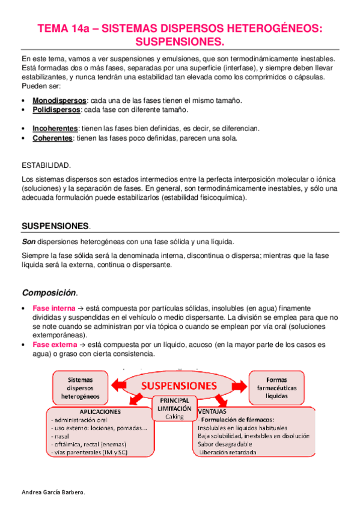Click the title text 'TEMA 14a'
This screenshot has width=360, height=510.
63,28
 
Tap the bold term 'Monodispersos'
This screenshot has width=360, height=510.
59,100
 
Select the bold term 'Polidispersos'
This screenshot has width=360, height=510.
56,110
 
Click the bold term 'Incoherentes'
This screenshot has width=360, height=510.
55,129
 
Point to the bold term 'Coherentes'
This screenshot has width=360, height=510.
52,138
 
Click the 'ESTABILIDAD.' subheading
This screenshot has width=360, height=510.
46,165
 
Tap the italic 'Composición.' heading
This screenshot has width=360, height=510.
50,293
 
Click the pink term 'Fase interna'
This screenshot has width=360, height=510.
54,308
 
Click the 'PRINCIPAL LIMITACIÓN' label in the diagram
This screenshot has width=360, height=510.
175,404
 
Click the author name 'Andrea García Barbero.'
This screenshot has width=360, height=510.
53,493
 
